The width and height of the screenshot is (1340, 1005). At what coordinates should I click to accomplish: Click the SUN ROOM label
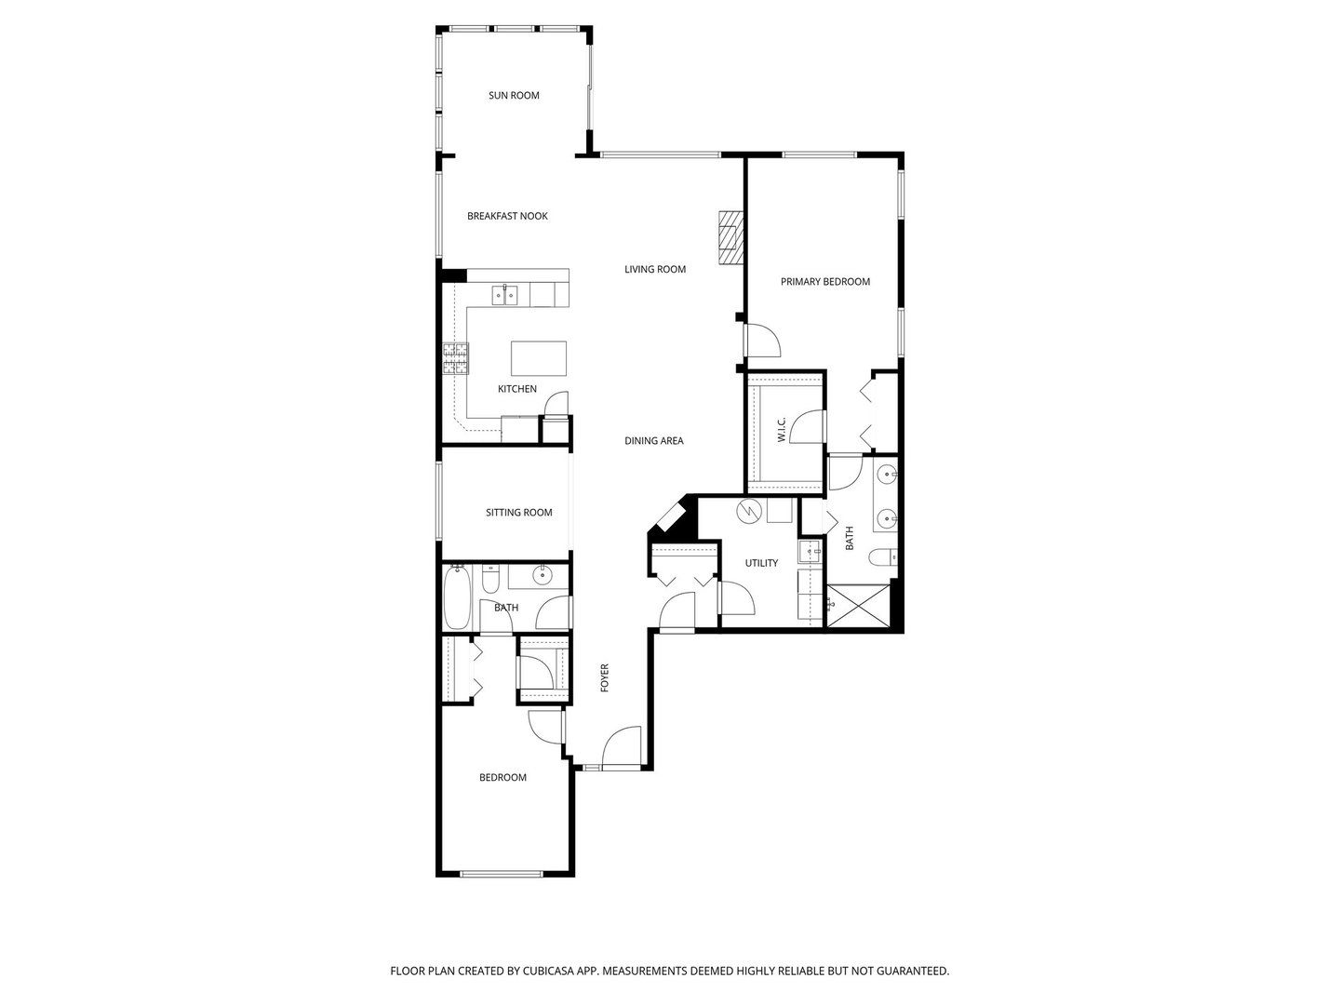514,96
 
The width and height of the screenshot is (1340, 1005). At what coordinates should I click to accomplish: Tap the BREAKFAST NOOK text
507,217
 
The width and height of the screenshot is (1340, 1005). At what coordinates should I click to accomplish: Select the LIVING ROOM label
654,270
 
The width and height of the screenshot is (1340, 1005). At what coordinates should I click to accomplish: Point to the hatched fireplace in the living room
730,238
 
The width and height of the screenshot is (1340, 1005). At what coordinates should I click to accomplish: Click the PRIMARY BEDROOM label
824,282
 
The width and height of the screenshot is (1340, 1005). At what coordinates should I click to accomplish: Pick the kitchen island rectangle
539,357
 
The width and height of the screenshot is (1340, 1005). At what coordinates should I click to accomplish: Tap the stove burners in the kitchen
455,359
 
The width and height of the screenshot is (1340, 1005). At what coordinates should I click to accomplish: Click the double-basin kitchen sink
506,296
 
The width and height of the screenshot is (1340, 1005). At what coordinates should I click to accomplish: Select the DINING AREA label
653,441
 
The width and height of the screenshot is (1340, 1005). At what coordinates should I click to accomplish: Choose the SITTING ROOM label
518,513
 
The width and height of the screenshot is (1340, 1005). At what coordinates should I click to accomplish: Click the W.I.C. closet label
781,430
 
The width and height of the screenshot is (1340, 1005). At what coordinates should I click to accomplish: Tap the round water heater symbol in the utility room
748,511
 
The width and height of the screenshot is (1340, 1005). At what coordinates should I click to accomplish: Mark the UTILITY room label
761,563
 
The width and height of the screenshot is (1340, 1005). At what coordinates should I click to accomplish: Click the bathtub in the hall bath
457,597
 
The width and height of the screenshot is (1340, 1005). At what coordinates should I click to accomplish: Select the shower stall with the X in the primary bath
857,604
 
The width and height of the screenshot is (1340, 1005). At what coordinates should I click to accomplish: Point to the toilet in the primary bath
880,558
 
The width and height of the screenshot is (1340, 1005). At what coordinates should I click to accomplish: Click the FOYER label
604,677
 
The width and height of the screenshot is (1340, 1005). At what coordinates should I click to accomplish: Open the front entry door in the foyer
622,750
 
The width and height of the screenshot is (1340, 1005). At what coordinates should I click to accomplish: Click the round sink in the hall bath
542,577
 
